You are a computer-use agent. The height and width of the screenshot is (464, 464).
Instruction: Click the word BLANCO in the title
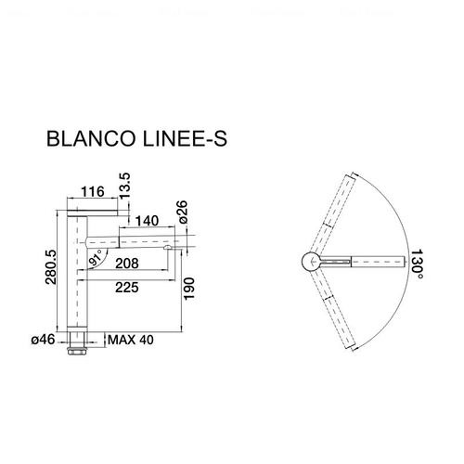[x=91, y=138]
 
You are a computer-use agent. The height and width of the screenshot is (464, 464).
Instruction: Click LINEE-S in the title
[x=185, y=138]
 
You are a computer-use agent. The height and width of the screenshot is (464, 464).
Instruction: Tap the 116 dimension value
[x=93, y=191]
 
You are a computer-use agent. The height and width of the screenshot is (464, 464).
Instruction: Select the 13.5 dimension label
[x=125, y=187]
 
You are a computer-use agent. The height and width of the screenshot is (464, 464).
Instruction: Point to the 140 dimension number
[x=147, y=221]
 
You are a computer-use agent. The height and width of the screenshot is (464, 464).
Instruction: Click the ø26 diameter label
[x=183, y=212]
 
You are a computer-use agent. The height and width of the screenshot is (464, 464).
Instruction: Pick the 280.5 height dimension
[x=51, y=267]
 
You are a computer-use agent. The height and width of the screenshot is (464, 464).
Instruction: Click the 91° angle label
[x=95, y=258]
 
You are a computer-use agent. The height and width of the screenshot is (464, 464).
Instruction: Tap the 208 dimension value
[x=127, y=264]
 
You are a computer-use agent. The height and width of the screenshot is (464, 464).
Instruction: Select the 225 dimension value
[x=127, y=288]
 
